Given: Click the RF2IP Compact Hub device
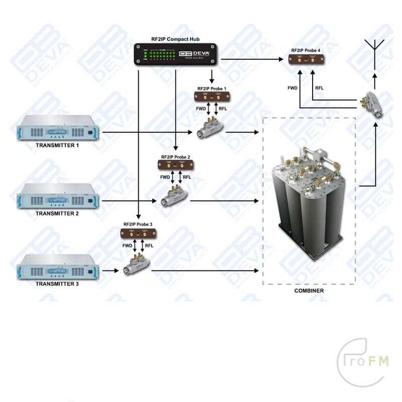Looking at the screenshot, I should (x=175, y=54).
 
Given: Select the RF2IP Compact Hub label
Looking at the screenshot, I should (x=175, y=38).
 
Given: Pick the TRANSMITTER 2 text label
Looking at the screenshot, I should (x=57, y=214).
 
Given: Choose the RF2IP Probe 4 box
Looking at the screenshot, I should (x=306, y=59).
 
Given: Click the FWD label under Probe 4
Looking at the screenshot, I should (x=292, y=88).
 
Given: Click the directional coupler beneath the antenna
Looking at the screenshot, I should (x=374, y=104).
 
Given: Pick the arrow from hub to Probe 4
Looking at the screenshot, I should (x=251, y=59).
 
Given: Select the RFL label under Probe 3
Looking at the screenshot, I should (x=149, y=246).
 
